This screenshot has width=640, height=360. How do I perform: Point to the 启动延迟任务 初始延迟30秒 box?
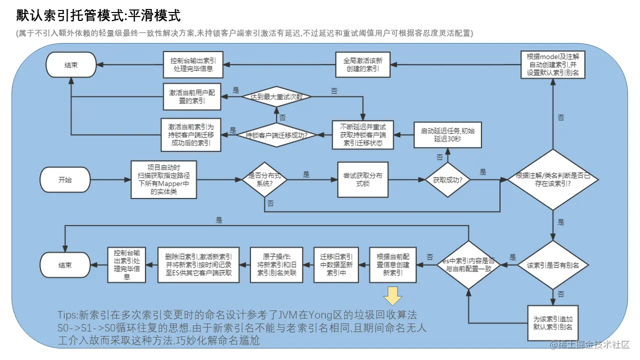[447, 134]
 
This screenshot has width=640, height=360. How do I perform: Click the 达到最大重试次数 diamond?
[276, 97]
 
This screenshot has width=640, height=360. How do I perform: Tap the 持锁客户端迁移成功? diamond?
[276, 134]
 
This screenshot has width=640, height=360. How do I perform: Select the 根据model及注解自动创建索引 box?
[552, 64]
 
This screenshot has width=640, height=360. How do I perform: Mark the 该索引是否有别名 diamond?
[552, 265]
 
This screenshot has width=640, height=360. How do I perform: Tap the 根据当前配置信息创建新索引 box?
[392, 264]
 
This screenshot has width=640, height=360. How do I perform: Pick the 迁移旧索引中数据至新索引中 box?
[336, 264]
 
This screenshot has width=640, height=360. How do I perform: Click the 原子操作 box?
[276, 264]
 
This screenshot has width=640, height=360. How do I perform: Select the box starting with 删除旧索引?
[198, 264]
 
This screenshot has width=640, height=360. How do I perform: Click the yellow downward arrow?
[392, 296]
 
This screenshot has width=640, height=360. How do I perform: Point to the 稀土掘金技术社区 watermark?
[590, 345]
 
